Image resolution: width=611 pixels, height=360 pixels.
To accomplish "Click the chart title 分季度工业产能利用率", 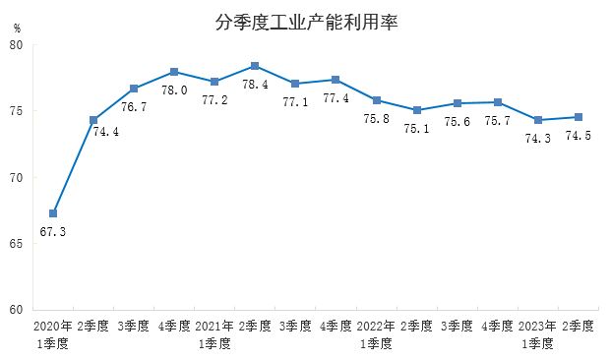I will (x=305, y=21).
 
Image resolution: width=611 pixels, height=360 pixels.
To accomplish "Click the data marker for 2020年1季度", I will (x=53, y=213).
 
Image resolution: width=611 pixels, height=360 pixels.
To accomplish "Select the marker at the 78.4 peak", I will (x=255, y=66).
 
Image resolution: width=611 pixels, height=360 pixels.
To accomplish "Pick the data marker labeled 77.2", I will (x=214, y=81).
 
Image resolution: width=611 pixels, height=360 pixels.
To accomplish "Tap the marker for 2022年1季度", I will (x=376, y=100).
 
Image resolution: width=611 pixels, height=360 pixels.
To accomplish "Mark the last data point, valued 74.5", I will (x=578, y=117).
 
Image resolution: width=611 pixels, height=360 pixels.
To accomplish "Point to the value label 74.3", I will (x=537, y=139).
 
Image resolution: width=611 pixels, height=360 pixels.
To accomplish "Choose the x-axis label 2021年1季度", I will (x=214, y=334).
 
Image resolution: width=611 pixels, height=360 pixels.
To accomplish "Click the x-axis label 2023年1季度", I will (x=537, y=334).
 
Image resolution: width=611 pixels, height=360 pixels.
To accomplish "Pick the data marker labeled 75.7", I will (x=497, y=102).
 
